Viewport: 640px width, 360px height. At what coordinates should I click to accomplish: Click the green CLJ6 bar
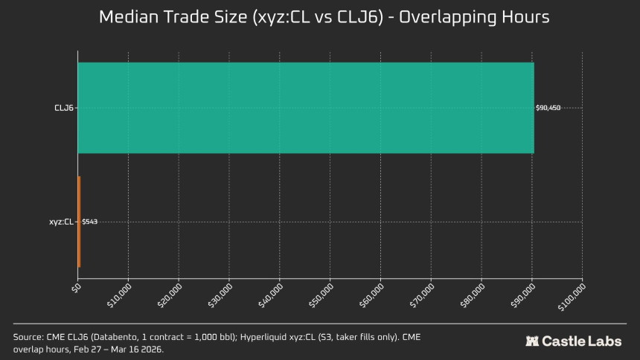(x=305, y=108)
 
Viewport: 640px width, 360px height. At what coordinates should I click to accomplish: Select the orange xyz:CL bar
(x=79, y=222)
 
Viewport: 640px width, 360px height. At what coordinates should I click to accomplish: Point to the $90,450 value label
(x=548, y=108)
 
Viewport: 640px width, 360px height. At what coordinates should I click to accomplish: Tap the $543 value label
(x=89, y=222)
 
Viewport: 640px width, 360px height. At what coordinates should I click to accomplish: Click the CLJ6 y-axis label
(x=63, y=108)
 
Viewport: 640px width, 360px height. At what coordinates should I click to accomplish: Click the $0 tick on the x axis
(x=75, y=287)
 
